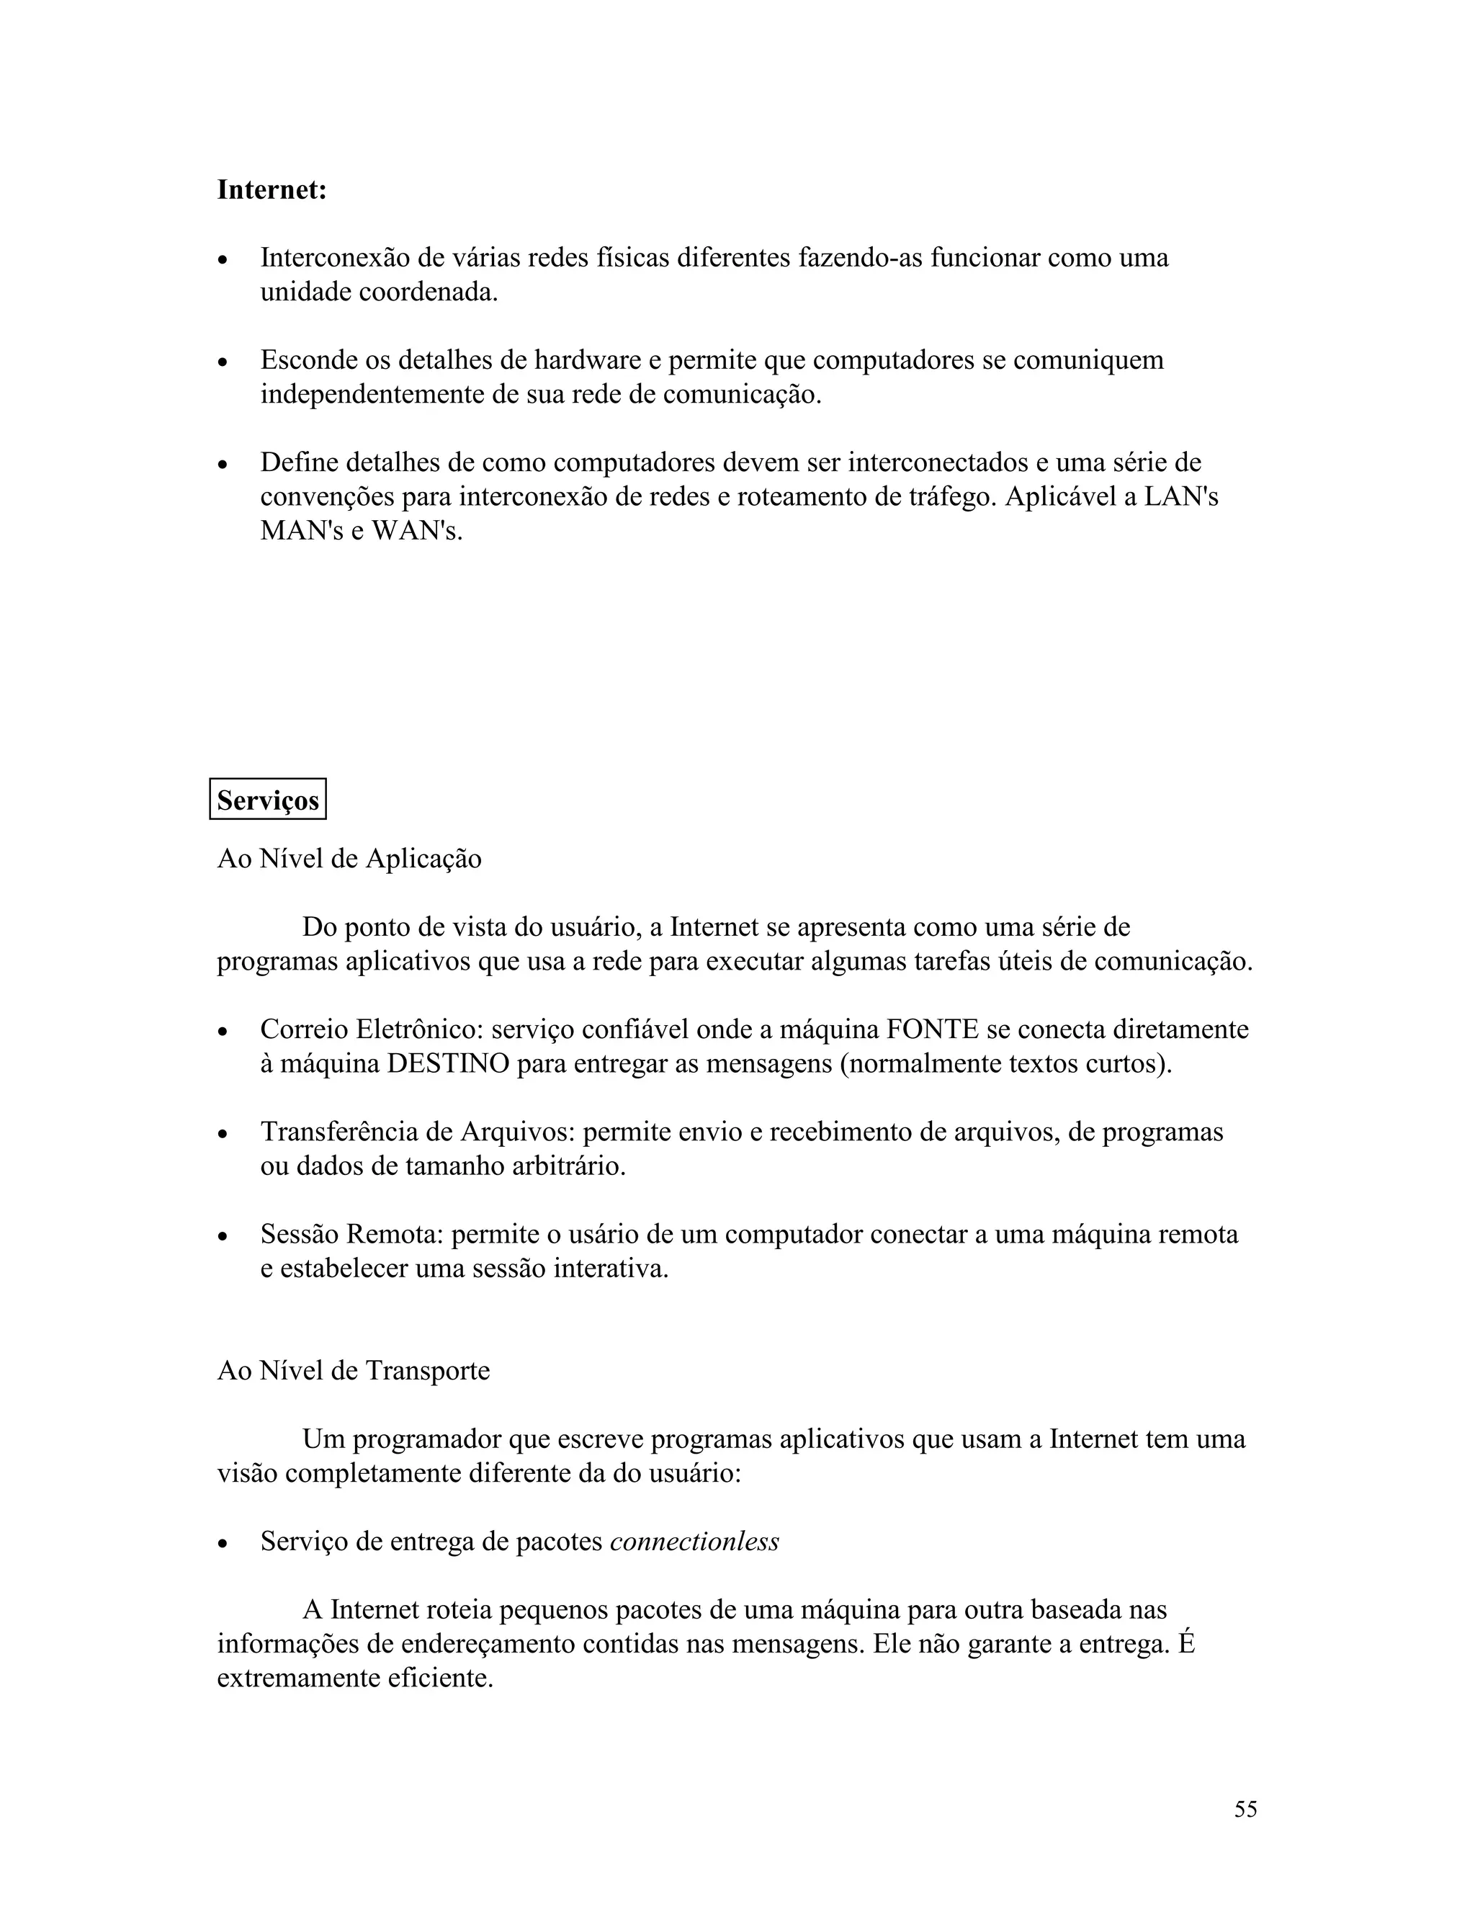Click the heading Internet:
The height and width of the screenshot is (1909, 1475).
pyautogui.click(x=272, y=189)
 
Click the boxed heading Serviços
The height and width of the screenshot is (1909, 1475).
pyautogui.click(x=267, y=800)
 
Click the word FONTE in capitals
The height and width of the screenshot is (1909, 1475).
pyautogui.click(x=931, y=1029)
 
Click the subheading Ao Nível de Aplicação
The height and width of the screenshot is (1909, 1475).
pyautogui.click(x=349, y=859)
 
